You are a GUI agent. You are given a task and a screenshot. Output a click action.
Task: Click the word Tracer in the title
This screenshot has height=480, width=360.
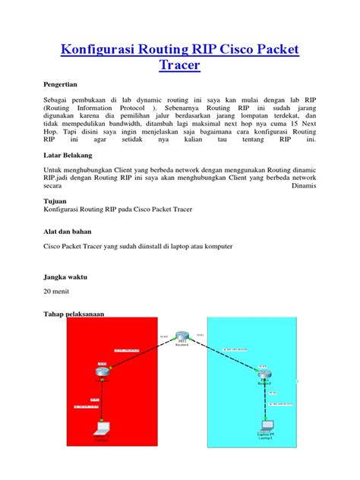click(x=179, y=67)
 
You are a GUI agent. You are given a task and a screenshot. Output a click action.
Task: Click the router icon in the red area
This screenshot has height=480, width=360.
click(x=103, y=371)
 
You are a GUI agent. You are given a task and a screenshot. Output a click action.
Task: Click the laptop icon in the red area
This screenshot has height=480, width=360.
click(x=100, y=427)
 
